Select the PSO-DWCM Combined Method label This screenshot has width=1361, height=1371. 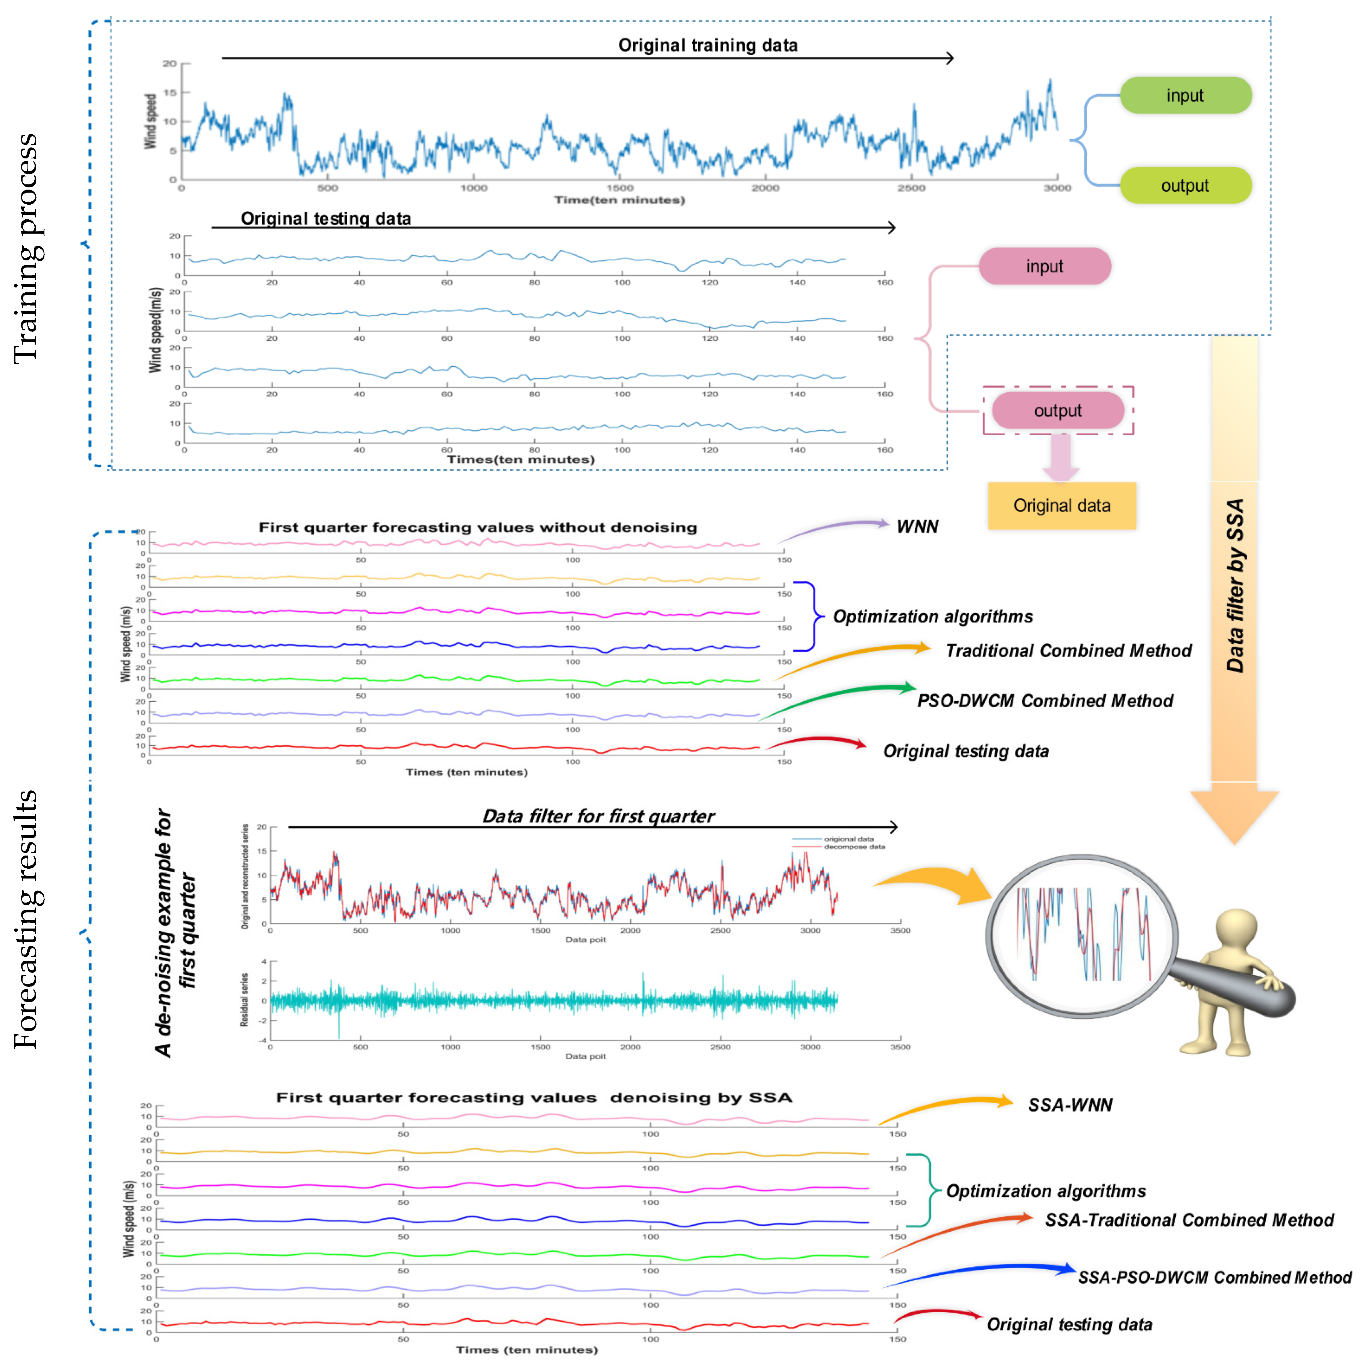click(x=1045, y=701)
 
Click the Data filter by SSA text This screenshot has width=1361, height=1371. click(x=1235, y=585)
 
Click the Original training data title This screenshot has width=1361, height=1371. click(x=707, y=46)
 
